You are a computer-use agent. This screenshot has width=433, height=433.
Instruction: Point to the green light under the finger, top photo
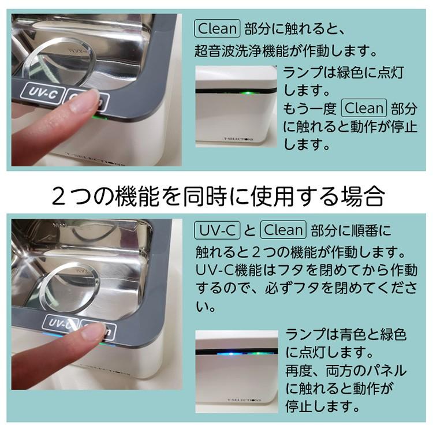click(96, 117)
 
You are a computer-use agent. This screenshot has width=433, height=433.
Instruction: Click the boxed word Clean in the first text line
click(216, 28)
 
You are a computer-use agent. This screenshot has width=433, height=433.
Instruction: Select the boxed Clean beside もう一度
click(363, 108)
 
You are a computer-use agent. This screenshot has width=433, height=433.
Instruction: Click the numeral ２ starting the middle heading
click(59, 196)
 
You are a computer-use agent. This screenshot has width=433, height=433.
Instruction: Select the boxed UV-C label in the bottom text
click(216, 230)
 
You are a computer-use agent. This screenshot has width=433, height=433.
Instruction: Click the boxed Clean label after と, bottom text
click(282, 230)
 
